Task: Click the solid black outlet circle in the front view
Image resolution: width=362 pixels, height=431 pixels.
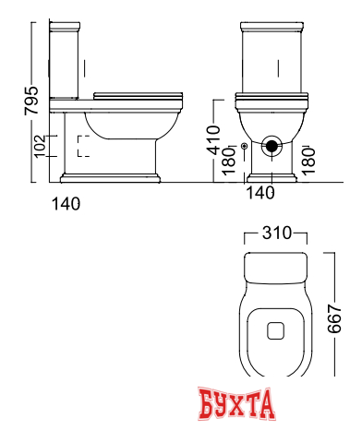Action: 272,144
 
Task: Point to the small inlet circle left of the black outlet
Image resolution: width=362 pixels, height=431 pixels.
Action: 243,146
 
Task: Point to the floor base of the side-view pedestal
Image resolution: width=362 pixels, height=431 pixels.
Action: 111,176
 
